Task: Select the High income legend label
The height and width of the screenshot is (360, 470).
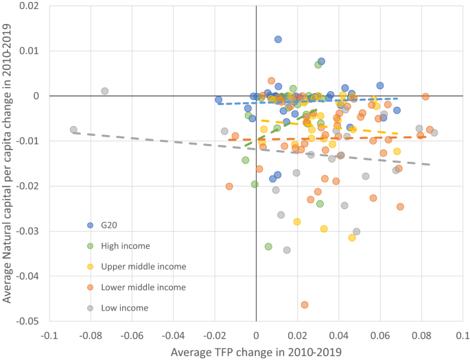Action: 124,245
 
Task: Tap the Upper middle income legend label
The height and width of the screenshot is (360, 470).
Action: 143,266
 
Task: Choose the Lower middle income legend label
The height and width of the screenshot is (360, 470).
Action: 143,287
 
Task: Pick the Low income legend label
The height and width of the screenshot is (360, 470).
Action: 124,308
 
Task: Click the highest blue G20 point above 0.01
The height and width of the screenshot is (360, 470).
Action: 278,40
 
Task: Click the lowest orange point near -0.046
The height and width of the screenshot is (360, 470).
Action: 305,304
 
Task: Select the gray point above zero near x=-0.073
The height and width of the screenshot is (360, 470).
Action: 105,91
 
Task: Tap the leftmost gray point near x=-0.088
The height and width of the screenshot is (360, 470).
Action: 73,130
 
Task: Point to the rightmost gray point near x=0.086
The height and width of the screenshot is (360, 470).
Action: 434,132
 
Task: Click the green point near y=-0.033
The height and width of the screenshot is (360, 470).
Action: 268,246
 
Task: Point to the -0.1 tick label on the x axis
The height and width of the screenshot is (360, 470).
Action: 49,335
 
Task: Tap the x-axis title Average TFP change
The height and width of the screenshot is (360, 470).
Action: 256,351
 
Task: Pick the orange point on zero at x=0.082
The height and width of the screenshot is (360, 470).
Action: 425,97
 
